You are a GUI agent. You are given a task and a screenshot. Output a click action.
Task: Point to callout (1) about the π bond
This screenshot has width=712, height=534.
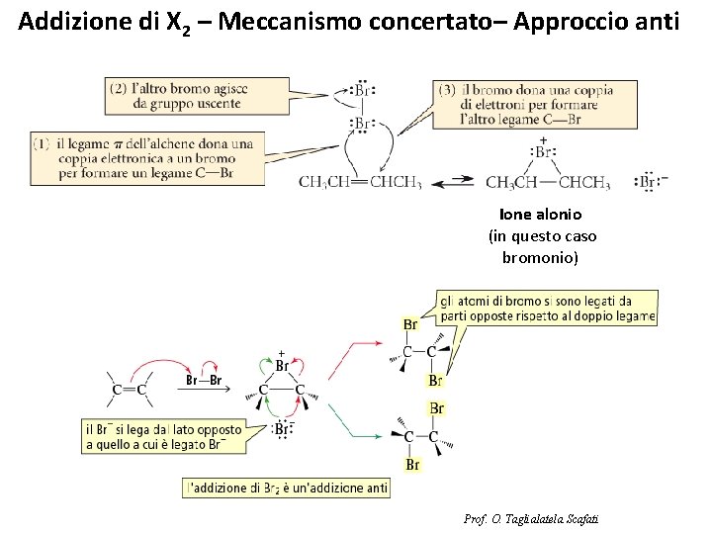[x=147, y=158]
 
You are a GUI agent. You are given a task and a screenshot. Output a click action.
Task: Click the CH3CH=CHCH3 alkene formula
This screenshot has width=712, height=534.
[x=360, y=182]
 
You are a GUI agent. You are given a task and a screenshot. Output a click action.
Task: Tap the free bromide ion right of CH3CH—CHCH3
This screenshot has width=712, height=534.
[x=649, y=181]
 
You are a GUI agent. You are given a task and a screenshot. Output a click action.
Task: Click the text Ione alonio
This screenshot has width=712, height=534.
[x=541, y=214]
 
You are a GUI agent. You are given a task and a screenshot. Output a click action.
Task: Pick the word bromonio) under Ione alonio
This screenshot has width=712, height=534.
[x=541, y=257]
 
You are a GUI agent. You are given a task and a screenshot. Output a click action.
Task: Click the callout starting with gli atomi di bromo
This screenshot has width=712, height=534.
[x=548, y=308]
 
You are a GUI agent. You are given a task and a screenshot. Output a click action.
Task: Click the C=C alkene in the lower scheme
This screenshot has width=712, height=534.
[x=130, y=389]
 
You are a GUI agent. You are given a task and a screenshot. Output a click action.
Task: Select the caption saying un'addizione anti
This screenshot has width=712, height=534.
[x=286, y=488]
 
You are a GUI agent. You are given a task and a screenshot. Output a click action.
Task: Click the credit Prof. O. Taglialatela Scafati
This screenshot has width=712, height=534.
[x=531, y=519]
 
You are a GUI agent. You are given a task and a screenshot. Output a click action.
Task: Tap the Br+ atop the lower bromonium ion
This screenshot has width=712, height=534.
[x=282, y=364]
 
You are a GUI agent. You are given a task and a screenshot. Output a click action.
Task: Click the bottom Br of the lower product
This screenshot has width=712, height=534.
[x=412, y=464]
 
